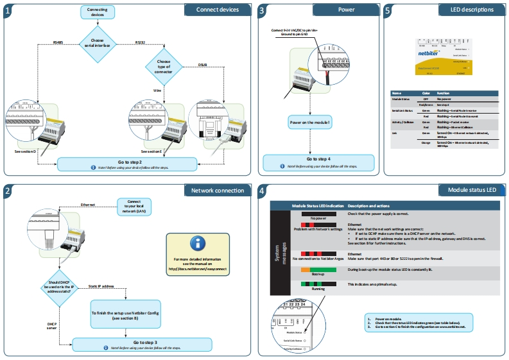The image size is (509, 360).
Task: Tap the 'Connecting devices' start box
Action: (98, 12)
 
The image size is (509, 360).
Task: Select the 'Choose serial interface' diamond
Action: (98, 44)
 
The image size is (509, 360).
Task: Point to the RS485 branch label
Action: (58, 42)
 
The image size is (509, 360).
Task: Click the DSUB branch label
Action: (203, 65)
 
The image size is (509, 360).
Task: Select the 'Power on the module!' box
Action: (309, 122)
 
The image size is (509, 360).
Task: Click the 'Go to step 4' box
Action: (318, 161)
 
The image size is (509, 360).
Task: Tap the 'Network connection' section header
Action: (216, 191)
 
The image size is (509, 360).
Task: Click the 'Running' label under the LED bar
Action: (318, 289)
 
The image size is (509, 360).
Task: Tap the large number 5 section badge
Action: (388, 10)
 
